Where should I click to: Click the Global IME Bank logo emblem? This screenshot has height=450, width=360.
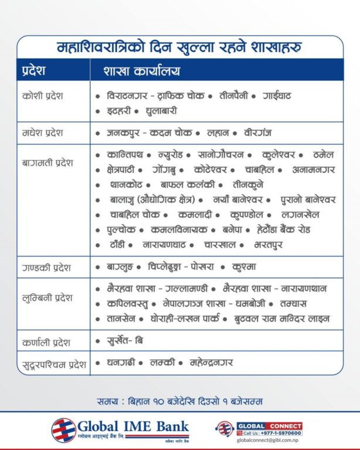(63, 430)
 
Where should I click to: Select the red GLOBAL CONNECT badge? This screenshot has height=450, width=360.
(269, 425)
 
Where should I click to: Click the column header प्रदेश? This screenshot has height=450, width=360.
(32, 71)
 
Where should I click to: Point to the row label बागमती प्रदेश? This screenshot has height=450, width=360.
(47, 162)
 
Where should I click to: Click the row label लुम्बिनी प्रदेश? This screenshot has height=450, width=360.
(47, 298)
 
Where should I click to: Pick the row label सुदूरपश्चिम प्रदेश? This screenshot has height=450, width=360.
(53, 365)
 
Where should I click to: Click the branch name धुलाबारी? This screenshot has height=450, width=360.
(158, 110)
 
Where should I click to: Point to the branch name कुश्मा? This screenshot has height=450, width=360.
(244, 267)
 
